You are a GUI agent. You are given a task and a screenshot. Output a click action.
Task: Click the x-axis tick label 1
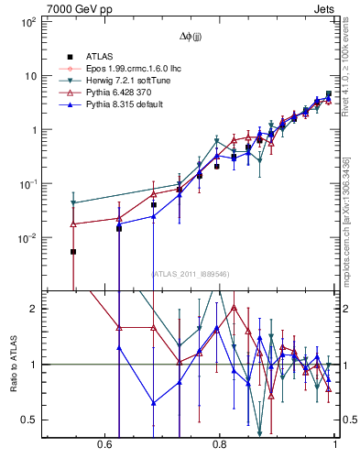coord(335,445)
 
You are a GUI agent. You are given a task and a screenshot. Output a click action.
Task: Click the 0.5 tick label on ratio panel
coord(27,420)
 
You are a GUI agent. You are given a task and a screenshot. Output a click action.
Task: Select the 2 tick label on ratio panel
coord(32,309)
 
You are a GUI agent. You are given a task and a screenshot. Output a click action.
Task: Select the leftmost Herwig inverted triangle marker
coord(73,203)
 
